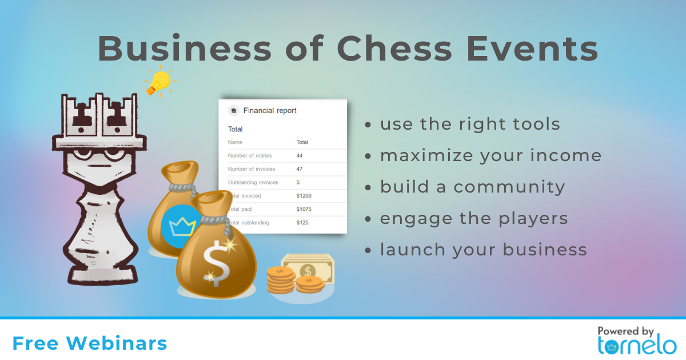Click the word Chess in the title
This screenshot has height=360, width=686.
[394, 49]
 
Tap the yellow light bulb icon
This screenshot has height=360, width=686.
[160, 81]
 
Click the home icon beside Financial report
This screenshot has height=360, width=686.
[233, 110]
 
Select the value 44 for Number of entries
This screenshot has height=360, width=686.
[299, 155]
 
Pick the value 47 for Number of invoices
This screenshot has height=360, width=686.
[299, 169]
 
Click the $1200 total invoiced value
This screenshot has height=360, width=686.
[304, 195]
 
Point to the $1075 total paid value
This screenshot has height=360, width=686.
[304, 209]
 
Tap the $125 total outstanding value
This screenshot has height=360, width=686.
[302, 222]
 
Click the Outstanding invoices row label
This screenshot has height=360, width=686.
[253, 182]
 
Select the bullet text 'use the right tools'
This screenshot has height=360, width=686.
[470, 124]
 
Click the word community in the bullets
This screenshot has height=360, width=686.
[509, 187]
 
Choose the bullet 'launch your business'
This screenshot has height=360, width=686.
[484, 250]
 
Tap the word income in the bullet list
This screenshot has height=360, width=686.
[566, 155]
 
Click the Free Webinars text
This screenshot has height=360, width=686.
[90, 343]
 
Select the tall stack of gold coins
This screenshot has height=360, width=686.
[280, 280]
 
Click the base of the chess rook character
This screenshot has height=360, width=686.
[102, 275]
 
